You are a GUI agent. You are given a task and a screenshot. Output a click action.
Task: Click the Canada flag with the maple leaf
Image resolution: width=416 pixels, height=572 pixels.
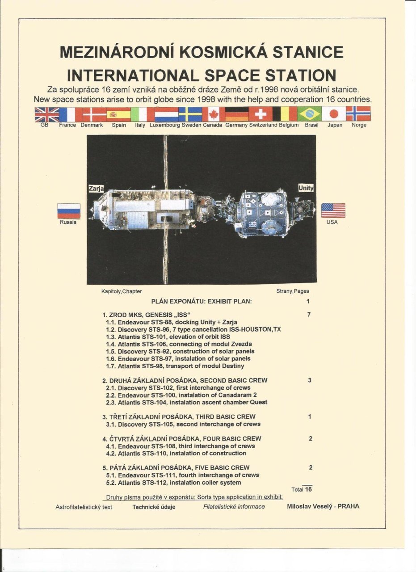click(214, 114)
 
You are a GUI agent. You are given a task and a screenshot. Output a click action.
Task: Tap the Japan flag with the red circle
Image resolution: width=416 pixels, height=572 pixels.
click(333, 114)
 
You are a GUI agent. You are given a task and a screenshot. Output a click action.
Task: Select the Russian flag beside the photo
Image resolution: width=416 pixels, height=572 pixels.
click(69, 211)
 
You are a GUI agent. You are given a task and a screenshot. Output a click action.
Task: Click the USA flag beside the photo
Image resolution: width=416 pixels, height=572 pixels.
click(333, 210)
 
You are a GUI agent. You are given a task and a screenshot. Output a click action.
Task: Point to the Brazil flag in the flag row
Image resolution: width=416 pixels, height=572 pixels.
click(309, 114)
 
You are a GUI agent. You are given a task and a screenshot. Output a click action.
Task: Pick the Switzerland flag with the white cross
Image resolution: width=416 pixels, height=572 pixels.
click(261, 114)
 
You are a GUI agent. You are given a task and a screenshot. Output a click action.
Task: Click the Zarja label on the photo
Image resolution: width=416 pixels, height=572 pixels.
click(96, 189)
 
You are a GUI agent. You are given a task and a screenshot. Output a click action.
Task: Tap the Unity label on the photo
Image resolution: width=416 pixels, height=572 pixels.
click(306, 188)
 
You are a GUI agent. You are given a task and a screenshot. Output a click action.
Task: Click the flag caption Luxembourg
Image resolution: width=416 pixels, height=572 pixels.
click(165, 125)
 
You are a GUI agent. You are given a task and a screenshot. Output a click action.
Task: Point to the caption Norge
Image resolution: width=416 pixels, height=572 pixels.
click(359, 125)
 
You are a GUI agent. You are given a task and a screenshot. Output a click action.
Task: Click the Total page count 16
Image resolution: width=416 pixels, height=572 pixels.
click(308, 489)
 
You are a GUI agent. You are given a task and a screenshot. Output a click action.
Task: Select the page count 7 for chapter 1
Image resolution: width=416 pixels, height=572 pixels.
click(309, 315)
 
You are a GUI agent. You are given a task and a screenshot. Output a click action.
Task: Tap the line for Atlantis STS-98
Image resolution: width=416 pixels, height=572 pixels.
click(175, 366)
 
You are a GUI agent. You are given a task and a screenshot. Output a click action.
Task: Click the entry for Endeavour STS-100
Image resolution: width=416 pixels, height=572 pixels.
click(181, 395)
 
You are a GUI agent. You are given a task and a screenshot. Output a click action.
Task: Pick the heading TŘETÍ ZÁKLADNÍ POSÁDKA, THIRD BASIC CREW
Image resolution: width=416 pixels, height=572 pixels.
click(179, 417)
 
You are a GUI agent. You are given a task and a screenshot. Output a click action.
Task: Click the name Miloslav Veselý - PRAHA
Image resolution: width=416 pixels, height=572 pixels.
click(323, 506)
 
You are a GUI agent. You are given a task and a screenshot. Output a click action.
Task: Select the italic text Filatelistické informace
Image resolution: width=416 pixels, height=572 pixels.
click(234, 507)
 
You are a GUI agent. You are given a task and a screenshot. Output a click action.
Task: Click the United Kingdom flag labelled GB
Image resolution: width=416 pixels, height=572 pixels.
click(47, 114)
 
